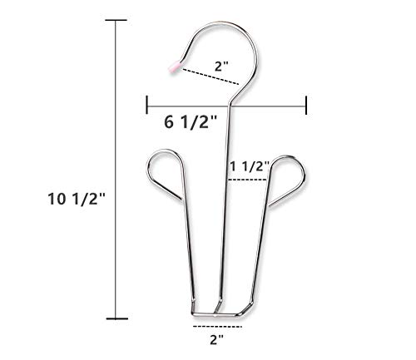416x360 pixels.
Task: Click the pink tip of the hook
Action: [175, 67]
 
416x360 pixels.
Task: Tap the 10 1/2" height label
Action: [77, 199]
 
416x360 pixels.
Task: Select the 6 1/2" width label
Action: [191, 122]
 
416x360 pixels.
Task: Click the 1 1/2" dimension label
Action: [250, 166]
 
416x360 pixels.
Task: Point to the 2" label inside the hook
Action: [221, 67]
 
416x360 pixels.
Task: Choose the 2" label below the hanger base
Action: [216, 339]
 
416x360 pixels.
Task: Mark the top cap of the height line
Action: [116, 20]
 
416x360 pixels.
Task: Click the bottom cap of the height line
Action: [117, 318]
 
